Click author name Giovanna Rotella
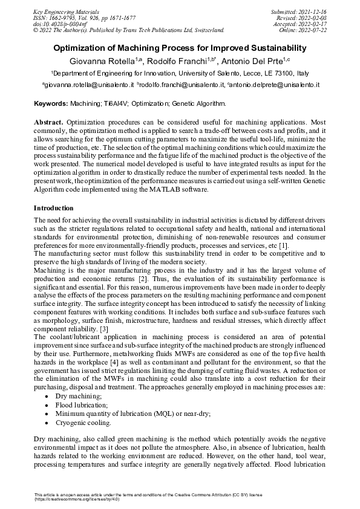pos(103,61)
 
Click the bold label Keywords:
pos(51,104)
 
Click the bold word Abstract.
pos(48,122)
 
